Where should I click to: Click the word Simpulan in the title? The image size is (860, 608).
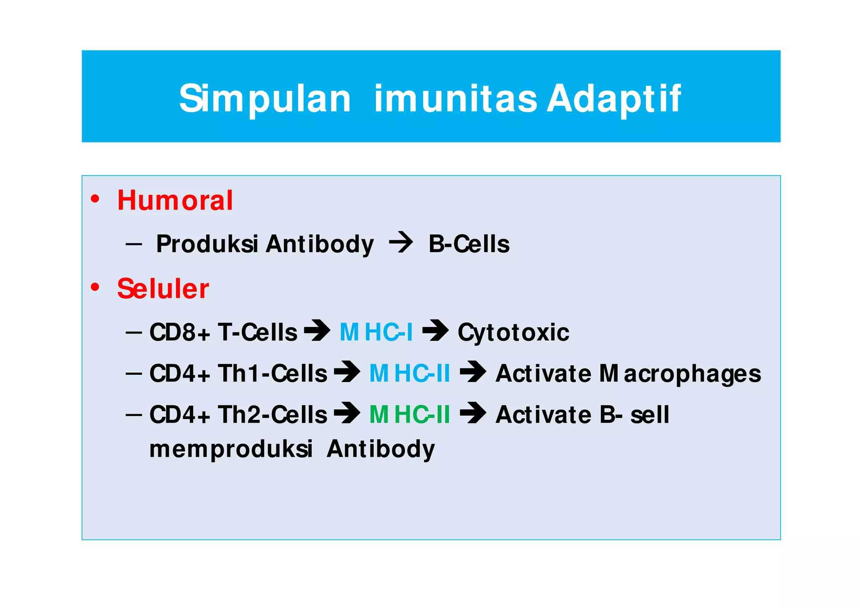[x=265, y=99]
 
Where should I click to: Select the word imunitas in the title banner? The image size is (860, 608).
[x=455, y=99]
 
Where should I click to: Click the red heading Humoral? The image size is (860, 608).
[x=175, y=200]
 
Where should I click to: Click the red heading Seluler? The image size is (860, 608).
[x=163, y=289]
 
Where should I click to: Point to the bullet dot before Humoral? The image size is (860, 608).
[x=95, y=199]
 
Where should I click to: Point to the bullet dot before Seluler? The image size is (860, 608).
[x=95, y=287]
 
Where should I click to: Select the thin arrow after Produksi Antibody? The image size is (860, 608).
[x=401, y=242]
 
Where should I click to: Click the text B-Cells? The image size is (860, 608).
[x=469, y=244]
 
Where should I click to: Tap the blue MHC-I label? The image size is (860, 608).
[x=376, y=332]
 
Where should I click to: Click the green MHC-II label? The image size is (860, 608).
[x=409, y=415]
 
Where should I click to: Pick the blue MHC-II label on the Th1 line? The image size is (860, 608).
[x=409, y=374]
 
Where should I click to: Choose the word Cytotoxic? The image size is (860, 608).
[x=513, y=333]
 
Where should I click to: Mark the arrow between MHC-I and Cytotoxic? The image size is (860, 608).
[x=435, y=330]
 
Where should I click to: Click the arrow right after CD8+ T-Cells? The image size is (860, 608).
[x=317, y=330]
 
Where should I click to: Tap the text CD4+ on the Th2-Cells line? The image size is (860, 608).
[x=180, y=415]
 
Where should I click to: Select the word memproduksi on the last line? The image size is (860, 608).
[x=231, y=450]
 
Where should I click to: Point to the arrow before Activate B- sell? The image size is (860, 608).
[x=473, y=413]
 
